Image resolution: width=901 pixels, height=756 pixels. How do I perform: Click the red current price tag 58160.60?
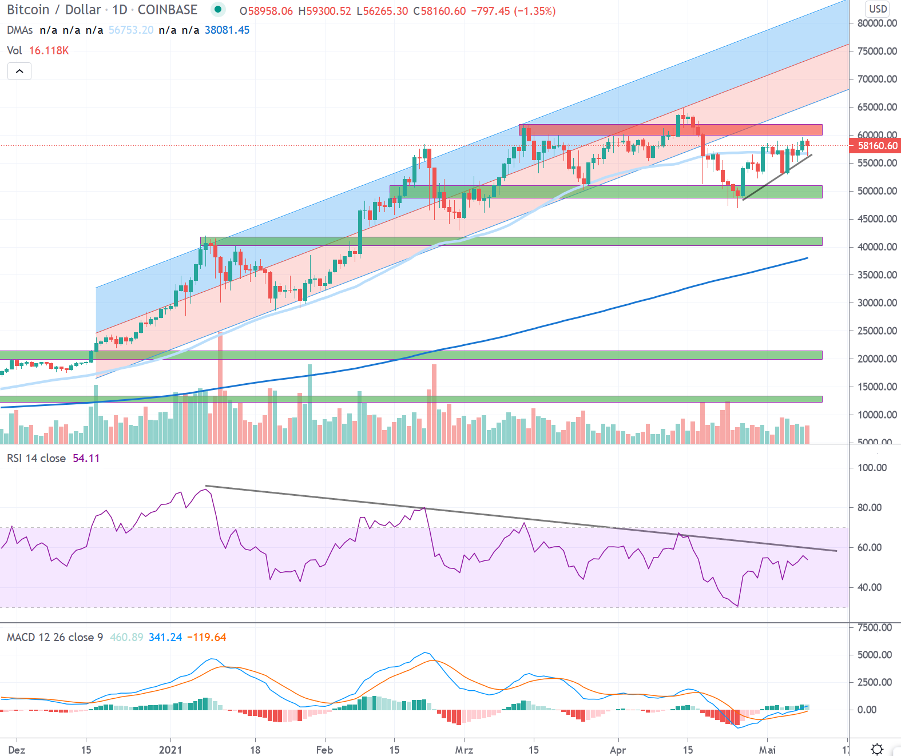pyautogui.click(x=878, y=146)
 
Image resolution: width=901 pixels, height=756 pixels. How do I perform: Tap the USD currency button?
pyautogui.click(x=878, y=9)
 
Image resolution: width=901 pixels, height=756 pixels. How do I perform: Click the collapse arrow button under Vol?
pyautogui.click(x=19, y=71)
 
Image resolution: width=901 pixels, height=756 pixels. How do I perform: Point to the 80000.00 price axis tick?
pyautogui.click(x=877, y=23)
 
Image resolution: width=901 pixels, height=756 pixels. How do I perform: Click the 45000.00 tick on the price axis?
pyautogui.click(x=877, y=219)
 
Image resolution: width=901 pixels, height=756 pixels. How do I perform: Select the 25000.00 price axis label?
pyautogui.click(x=877, y=331)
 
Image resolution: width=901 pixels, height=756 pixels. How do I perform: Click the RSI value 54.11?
pyautogui.click(x=86, y=459)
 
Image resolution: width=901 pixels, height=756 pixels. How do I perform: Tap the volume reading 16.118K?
pyautogui.click(x=49, y=51)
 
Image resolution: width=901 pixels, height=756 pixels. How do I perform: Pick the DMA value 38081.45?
pyautogui.click(x=227, y=30)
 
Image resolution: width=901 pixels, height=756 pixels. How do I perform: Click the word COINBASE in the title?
pyautogui.click(x=167, y=10)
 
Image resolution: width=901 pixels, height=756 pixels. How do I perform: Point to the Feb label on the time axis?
pyautogui.click(x=324, y=750)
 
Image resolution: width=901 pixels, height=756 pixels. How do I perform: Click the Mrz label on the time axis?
pyautogui.click(x=464, y=750)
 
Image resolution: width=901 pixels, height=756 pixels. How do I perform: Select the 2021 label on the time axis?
pyautogui.click(x=170, y=750)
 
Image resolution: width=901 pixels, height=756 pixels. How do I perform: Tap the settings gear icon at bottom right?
pyautogui.click(x=877, y=749)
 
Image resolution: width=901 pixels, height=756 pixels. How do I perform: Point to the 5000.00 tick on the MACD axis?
pyautogui.click(x=874, y=655)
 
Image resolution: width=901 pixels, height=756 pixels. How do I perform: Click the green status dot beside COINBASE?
pyautogui.click(x=218, y=9)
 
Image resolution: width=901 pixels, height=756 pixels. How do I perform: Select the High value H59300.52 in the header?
pyautogui.click(x=325, y=11)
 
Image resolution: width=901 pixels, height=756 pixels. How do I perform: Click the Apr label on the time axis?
pyautogui.click(x=618, y=750)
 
